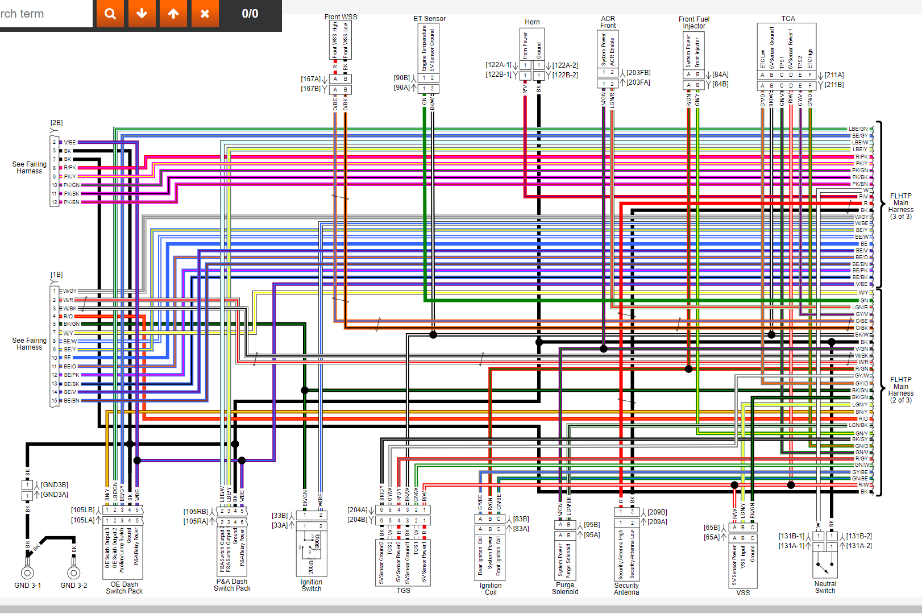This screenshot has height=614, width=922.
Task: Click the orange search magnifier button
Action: (x=110, y=14)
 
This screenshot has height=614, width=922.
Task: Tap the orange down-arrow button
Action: (x=142, y=14)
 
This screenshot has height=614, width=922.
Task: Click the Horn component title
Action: (x=532, y=22)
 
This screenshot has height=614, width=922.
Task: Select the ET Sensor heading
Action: (x=429, y=19)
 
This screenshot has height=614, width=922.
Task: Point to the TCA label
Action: (x=788, y=19)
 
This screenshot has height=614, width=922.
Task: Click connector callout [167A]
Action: (x=311, y=79)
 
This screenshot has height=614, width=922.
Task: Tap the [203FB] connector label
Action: (x=638, y=73)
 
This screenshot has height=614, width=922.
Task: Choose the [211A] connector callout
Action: (x=834, y=75)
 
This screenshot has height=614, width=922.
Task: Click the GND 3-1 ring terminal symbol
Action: (x=27, y=573)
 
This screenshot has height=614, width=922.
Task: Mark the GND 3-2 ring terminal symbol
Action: (x=73, y=573)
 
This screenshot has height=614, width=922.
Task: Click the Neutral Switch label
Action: (x=825, y=587)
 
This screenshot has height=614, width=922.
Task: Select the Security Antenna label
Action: (x=626, y=589)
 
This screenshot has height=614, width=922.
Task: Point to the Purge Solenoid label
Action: (x=565, y=588)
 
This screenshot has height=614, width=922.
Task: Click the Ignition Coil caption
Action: (x=491, y=589)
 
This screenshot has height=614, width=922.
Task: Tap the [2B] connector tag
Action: (x=56, y=123)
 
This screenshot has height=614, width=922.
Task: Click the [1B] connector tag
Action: (x=56, y=275)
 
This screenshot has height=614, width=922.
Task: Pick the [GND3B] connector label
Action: (x=54, y=485)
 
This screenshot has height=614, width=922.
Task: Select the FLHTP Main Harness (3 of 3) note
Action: (x=901, y=206)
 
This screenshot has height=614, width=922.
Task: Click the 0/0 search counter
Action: (x=250, y=14)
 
